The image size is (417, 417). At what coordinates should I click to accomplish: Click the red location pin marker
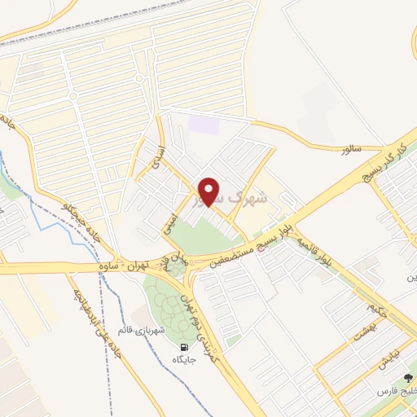[x=209, y=191]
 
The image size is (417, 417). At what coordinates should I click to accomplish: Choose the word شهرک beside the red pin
[x=244, y=196]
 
